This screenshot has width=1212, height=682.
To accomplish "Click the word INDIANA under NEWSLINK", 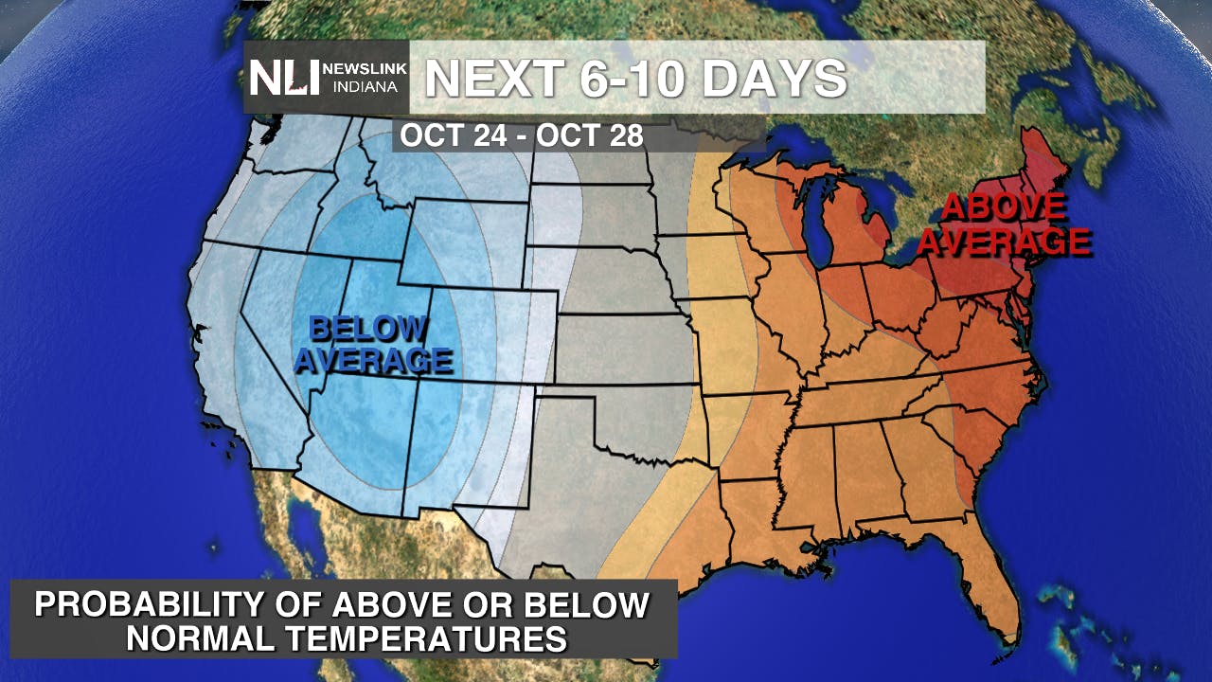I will click(x=365, y=87).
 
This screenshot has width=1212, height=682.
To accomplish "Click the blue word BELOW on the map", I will click(x=367, y=330).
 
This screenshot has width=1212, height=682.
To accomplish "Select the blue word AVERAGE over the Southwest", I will click(x=373, y=361).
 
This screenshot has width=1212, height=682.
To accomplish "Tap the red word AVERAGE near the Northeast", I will click(x=1004, y=242).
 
